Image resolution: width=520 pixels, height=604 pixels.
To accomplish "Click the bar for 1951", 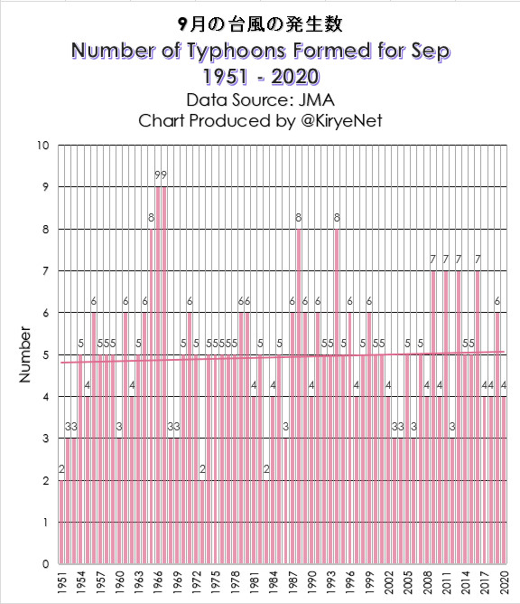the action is point(61,522).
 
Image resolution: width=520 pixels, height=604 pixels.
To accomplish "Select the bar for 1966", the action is point(157,375).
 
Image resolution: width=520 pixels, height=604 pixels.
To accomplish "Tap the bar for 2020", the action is point(504,480).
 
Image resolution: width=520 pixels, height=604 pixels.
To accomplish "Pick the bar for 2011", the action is point(446,417).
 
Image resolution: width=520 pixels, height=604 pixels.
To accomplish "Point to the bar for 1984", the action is point(273,480).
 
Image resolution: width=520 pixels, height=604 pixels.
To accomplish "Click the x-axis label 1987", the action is point(292,582).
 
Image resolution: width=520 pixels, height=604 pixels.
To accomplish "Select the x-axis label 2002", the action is point(388,582).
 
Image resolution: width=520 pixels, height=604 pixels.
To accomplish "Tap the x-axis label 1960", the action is point(119,582).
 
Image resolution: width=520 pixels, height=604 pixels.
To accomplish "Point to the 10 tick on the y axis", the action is point(43,146).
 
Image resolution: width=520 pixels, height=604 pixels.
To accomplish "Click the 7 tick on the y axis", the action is point(46,271).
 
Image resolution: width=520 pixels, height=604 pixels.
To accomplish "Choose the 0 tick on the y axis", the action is point(46,564).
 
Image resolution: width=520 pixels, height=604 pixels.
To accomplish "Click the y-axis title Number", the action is point(24,354).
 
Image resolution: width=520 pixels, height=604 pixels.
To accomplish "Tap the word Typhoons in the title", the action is point(237,52).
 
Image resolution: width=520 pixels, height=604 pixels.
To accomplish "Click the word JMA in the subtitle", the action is point(316,100).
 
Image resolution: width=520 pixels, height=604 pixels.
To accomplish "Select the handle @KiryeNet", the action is point(342,121).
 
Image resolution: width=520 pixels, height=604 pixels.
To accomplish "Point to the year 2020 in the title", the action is point(295,76).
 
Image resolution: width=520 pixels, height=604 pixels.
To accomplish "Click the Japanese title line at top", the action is point(260,24).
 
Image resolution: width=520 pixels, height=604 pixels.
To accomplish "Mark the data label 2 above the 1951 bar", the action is point(61,468).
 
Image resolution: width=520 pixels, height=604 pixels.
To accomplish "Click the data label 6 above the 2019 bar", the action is point(497,301).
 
